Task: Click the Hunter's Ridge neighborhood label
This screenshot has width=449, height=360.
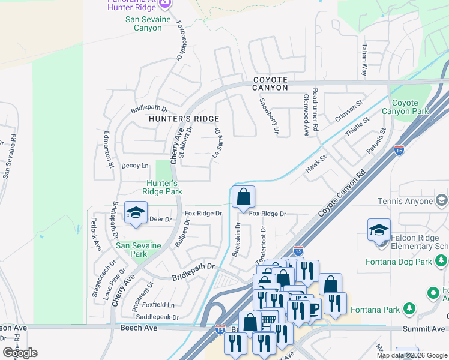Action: click(184, 119)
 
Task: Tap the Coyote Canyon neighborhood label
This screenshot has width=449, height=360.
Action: click(270, 83)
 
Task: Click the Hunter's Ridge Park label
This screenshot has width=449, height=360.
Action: click(162, 187)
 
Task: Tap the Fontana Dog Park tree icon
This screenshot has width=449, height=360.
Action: click(441, 260)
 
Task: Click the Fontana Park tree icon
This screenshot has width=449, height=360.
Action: click(410, 309)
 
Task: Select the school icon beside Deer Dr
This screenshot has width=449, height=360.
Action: click(136, 212)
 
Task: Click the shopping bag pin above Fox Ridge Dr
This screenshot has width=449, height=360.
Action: click(243, 197)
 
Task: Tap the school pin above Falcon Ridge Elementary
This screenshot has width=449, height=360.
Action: click(379, 230)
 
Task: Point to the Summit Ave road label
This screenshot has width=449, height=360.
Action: click(424, 329)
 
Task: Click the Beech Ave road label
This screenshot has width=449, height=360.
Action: click(139, 328)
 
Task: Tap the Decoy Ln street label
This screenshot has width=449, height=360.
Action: click(135, 166)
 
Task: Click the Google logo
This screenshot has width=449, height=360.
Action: click(20, 353)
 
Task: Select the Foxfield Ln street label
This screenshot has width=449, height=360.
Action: click(159, 305)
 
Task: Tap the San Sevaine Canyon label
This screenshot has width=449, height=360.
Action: click(143, 23)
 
